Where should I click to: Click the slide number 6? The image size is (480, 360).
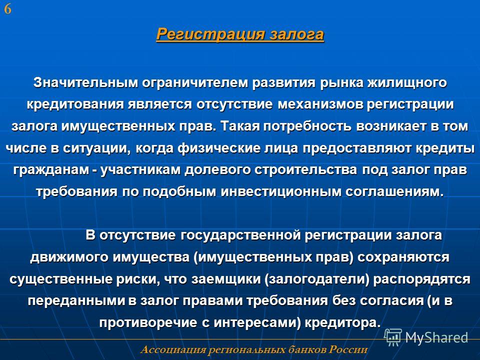[x=7, y=9]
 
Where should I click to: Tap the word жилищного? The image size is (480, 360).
[x=407, y=83]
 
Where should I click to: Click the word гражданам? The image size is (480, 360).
[x=50, y=170]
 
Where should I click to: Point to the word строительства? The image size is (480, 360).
[x=305, y=170]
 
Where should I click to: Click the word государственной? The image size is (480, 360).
[x=240, y=235]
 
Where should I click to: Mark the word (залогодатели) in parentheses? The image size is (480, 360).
[x=317, y=279]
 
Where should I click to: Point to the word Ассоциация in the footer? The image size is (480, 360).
[x=173, y=349]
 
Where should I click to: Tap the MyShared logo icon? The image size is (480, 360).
[x=393, y=337]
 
